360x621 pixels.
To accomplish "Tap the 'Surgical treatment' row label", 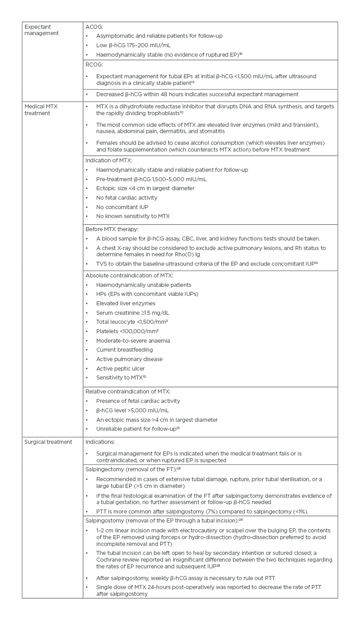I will [x=48, y=442].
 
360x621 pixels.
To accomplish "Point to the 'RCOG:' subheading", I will [x=94, y=65].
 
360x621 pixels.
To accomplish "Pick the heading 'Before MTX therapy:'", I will [x=112, y=229].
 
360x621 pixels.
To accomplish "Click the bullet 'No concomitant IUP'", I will [x=122, y=207].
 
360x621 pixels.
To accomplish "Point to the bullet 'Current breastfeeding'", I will [x=125, y=350].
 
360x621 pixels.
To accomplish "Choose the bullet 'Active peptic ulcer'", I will [x=121, y=369].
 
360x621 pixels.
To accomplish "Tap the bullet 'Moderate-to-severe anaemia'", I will [x=133, y=341].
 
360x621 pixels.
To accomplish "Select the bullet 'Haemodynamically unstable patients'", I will [x=144, y=285].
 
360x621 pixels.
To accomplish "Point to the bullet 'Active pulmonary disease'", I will [x=129, y=359].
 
